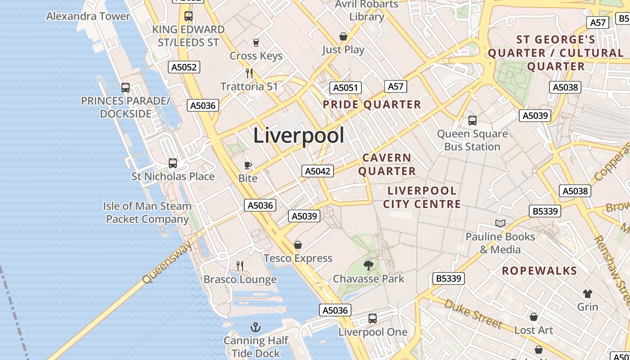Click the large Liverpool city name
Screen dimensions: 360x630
coord(299,135)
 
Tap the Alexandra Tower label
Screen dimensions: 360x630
coord(88,16)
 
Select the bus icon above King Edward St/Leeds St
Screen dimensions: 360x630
coord(189,16)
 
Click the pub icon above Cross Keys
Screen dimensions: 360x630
coord(256,42)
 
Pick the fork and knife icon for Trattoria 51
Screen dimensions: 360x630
coord(249,73)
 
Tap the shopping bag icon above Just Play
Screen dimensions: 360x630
coord(343,36)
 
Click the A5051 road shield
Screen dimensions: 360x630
coord(346,88)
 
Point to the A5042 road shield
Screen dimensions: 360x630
coord(318,171)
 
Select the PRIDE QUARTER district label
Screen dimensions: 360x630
coord(372,105)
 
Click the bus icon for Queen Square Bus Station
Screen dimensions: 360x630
coord(472,120)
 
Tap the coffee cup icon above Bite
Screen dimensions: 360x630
coord(247,165)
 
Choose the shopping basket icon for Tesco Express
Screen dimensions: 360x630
coord(297,245)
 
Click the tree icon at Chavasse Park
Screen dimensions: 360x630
coord(368,265)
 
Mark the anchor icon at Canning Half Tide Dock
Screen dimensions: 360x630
coord(256,327)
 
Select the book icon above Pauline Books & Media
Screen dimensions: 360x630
coord(500,223)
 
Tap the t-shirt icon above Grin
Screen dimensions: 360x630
coord(588,294)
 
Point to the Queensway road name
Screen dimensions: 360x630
coord(167,262)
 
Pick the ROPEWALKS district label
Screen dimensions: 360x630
coord(539,271)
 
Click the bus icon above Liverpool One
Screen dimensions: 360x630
coord(373,319)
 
